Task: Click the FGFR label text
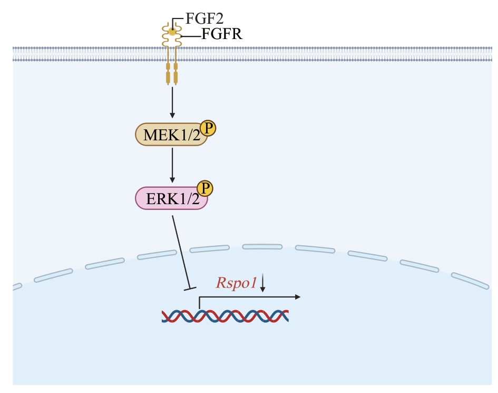coord(222,35)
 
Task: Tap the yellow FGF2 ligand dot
coord(172,32)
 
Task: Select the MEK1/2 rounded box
coord(168,135)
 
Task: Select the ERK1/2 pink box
coord(168,198)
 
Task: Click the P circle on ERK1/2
coord(204,189)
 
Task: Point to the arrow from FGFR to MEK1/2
coord(172,102)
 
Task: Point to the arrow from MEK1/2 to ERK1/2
coord(172,165)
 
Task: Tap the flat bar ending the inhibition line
coord(190,288)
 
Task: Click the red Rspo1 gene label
coord(236,283)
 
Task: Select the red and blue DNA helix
coord(225,315)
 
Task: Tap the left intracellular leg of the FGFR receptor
coord(168,73)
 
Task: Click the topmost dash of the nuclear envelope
coord(262,246)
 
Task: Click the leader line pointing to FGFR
coord(192,36)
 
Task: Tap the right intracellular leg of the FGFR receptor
coord(176,73)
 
